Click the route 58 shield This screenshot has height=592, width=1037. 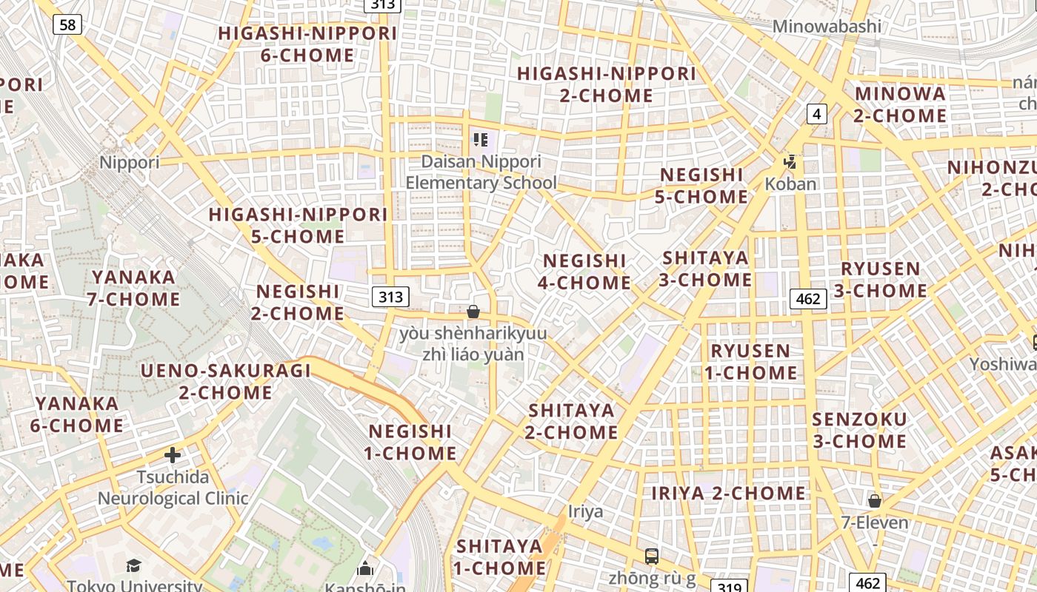click(x=67, y=24)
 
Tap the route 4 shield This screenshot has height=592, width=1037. click(x=816, y=113)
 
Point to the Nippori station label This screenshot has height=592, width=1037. click(x=129, y=162)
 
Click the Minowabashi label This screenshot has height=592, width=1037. click(x=827, y=27)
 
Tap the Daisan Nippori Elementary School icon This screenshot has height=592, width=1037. click(x=481, y=139)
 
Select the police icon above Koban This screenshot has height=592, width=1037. click(x=790, y=161)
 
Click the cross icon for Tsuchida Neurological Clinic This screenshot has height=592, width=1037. click(x=173, y=454)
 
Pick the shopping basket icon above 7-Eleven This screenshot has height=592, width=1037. click(x=875, y=500)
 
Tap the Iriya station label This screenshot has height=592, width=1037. click(x=585, y=511)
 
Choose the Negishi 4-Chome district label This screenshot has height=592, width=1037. click(x=586, y=272)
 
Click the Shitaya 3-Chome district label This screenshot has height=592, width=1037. click(x=705, y=269)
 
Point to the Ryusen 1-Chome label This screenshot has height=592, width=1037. click(x=750, y=361)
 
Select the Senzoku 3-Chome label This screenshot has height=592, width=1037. click(x=859, y=430)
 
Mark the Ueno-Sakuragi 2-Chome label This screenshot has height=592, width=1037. click(x=226, y=381)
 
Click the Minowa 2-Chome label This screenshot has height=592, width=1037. click(x=900, y=104)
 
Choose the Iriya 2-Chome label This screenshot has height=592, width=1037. click(x=728, y=493)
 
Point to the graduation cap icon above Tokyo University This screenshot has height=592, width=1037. click(x=133, y=566)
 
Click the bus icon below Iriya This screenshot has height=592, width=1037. click(x=652, y=556)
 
